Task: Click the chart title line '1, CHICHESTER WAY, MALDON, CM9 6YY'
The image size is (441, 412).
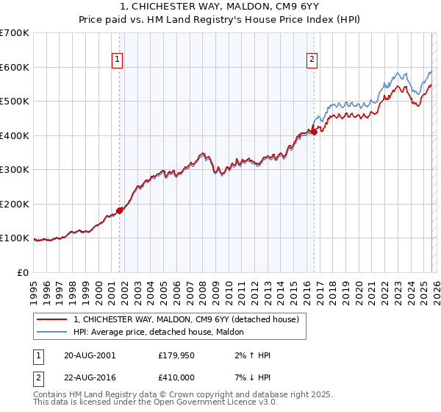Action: coord(220,7)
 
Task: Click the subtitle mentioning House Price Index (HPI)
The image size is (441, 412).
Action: coord(220,21)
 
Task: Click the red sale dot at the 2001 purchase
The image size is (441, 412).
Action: coord(119,210)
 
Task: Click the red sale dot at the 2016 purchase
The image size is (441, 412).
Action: coord(314,132)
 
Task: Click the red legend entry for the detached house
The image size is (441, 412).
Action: coord(186,320)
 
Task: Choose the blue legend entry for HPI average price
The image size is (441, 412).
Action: coord(163,333)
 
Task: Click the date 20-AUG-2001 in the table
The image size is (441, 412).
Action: coord(90,355)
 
